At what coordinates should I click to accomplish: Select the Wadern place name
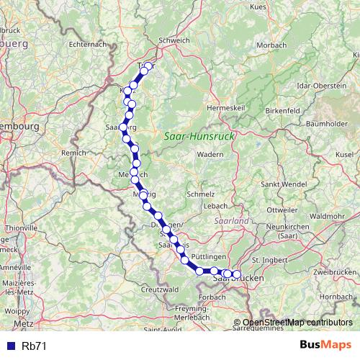[x=210, y=154]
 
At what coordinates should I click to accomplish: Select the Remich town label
[x=74, y=153]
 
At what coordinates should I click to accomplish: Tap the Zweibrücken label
[x=336, y=272]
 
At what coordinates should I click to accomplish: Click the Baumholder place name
[x=326, y=124]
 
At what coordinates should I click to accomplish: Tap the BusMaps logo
[x=325, y=344]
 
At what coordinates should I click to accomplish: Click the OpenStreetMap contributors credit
[x=297, y=323]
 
